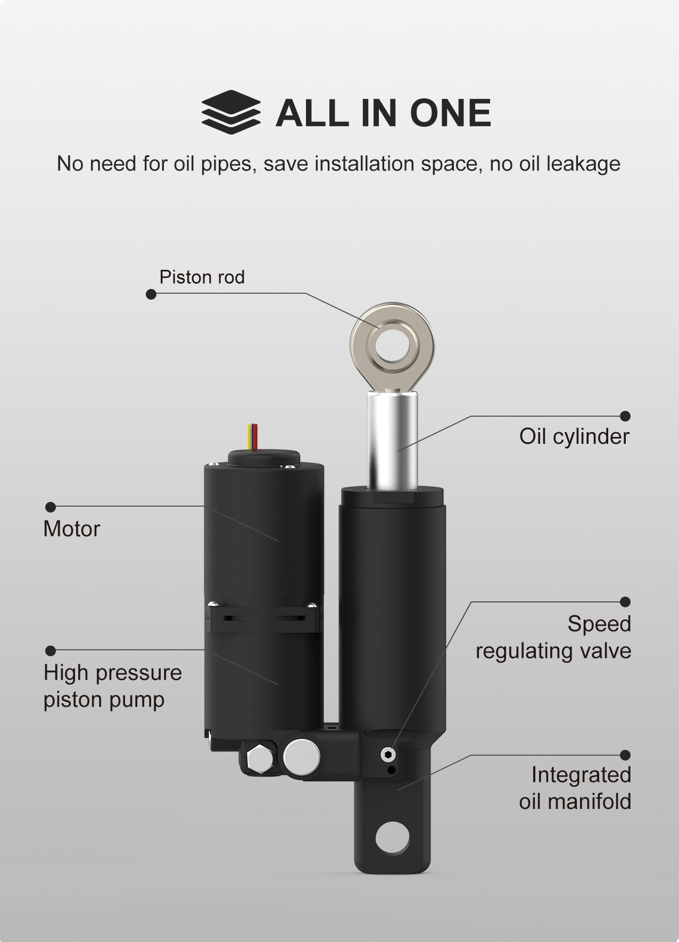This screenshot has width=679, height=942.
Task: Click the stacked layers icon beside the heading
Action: pos(231,113)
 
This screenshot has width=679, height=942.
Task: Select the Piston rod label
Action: pos(202,277)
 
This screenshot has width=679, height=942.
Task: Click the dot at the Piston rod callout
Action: pos(151,294)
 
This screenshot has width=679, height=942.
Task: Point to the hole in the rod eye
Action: pos(392,346)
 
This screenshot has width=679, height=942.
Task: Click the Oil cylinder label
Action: pos(574,436)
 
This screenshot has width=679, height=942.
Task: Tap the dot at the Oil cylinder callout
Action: pos(626,416)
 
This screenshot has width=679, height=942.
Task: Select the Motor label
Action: pos(71,529)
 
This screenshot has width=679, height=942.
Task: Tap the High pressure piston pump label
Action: pos(112,685)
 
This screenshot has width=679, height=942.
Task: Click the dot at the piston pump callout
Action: pos(51,650)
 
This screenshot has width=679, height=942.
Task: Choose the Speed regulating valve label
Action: pos(553,637)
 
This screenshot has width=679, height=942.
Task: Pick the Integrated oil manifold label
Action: pos(575,788)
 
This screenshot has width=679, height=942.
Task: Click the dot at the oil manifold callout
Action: pos(626,755)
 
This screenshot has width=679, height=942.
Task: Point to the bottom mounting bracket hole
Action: pos(392,836)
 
